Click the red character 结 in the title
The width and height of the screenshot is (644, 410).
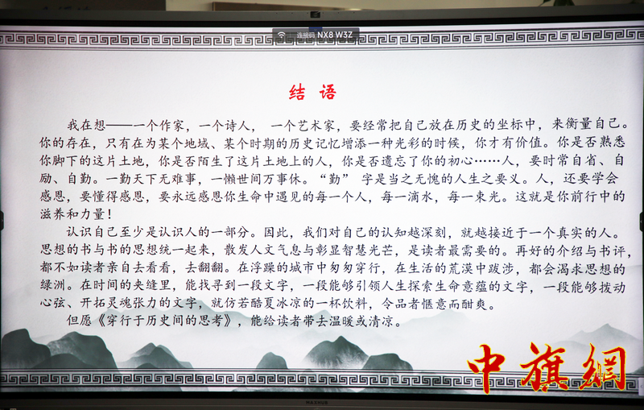[x=297, y=93]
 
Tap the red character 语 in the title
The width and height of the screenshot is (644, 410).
[x=328, y=93]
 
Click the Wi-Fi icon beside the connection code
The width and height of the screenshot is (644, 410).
[x=281, y=35]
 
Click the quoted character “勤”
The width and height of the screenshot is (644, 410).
[x=335, y=179]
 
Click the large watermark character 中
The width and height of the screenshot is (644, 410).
[x=488, y=367]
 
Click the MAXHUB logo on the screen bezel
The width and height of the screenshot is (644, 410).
[x=316, y=403]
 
